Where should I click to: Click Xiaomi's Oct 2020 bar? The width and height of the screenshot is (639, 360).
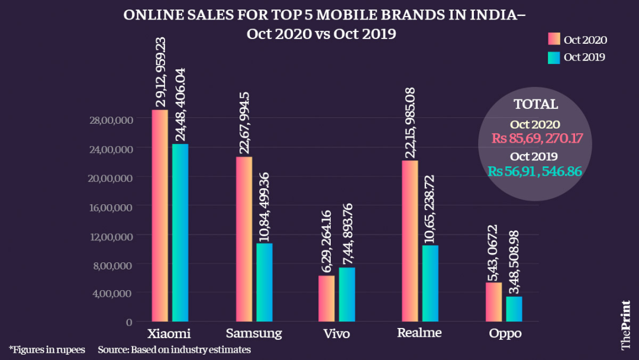click(160, 216)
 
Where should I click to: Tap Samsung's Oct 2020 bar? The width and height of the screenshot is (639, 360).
click(244, 239)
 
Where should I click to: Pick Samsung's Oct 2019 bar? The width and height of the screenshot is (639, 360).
click(264, 282)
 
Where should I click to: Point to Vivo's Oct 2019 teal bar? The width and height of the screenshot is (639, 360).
click(347, 294)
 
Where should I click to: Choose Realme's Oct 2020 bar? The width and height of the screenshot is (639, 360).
click(410, 241)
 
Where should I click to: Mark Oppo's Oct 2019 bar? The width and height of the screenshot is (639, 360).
click(514, 308)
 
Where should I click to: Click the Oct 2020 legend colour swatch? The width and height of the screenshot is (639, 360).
click(554, 40)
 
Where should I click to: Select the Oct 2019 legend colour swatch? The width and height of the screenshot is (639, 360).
click(554, 57)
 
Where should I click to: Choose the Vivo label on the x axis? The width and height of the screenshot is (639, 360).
click(337, 334)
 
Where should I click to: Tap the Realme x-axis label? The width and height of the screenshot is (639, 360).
click(419, 333)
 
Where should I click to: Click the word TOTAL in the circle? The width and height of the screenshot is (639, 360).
click(535, 104)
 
